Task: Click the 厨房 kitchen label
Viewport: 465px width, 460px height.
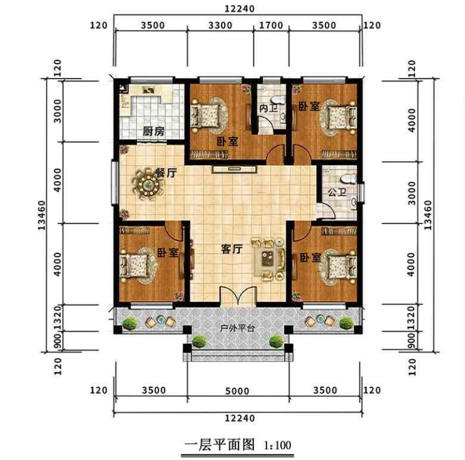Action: pyautogui.click(x=154, y=131)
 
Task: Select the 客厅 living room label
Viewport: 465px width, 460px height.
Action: pyautogui.click(x=232, y=249)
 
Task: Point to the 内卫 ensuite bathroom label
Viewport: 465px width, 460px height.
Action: pyautogui.click(x=268, y=108)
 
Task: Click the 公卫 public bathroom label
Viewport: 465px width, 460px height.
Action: pyautogui.click(x=337, y=192)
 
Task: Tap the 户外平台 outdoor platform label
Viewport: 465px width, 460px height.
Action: pyautogui.click(x=237, y=328)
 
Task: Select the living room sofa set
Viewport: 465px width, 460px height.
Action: pyautogui.click(x=269, y=259)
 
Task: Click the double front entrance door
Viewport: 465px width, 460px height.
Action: pyautogui.click(x=238, y=296)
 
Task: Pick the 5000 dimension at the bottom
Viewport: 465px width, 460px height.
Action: pyautogui.click(x=237, y=391)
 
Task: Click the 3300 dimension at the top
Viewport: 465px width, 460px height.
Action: pyautogui.click(x=220, y=26)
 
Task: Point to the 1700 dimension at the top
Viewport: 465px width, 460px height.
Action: pyautogui.click(x=271, y=26)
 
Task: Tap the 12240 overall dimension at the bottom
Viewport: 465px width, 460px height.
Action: pyautogui.click(x=240, y=418)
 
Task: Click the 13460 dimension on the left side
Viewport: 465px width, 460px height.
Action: pyautogui.click(x=42, y=215)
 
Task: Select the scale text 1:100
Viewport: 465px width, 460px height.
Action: pyautogui.click(x=278, y=445)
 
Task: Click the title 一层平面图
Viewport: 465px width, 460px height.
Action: pyautogui.click(x=220, y=445)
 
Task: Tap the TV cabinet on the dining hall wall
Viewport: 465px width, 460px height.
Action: pyautogui.click(x=234, y=169)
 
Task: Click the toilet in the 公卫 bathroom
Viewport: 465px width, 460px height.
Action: pyautogui.click(x=348, y=179)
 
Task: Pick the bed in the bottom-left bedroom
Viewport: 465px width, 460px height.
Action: pyautogui.click(x=135, y=263)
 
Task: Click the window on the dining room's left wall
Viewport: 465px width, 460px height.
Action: pyautogui.click(x=115, y=182)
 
